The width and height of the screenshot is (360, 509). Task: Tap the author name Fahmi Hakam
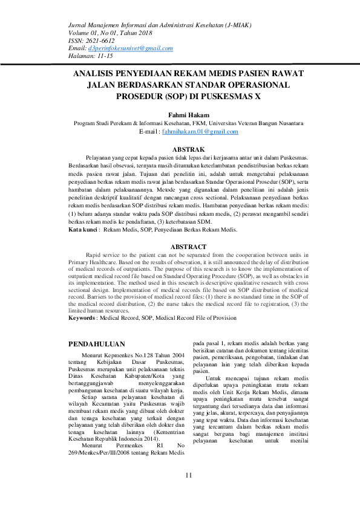[x=188, y=115]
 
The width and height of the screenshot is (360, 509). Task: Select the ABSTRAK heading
[x=188, y=149]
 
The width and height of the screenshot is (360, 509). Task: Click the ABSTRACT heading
[x=188, y=247]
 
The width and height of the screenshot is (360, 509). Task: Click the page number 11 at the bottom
[x=188, y=475]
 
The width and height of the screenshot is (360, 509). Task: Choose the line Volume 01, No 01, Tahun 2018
[x=110, y=32]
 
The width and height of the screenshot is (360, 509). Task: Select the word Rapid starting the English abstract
[x=96, y=254]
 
